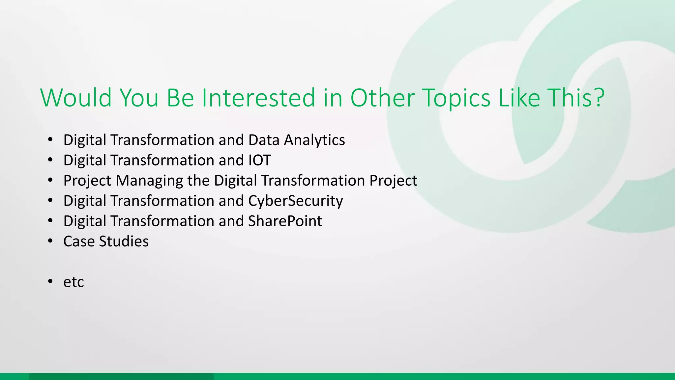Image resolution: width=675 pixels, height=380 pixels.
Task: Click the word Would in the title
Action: (x=76, y=98)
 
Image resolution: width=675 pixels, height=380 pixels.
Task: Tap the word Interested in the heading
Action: (x=259, y=98)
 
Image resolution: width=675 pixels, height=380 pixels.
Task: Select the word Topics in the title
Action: (x=456, y=98)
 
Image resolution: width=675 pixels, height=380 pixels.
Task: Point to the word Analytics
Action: (x=314, y=140)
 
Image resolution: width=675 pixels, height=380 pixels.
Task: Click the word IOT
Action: (x=259, y=160)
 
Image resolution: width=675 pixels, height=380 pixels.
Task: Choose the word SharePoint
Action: (x=285, y=221)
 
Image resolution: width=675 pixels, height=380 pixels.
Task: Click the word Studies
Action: (x=124, y=241)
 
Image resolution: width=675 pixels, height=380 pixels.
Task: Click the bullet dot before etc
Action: (x=50, y=281)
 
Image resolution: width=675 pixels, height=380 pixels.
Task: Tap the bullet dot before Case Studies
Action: (x=50, y=241)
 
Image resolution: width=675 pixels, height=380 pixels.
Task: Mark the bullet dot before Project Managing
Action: (x=50, y=180)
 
